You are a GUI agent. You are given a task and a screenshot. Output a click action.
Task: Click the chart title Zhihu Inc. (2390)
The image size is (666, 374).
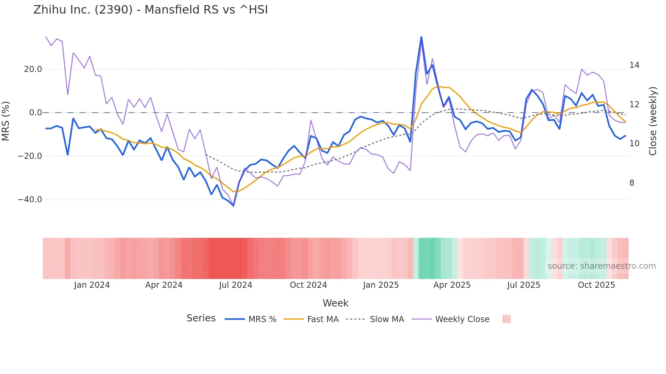[151, 10]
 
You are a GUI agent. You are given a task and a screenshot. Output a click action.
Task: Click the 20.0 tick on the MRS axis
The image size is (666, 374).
[33, 69]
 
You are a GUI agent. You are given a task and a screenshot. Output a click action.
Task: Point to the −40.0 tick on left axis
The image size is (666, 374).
[30, 200]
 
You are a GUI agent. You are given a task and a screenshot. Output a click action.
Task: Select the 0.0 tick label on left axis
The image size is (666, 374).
[36, 113]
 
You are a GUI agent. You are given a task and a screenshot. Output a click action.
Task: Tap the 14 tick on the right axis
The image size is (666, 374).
[634, 65]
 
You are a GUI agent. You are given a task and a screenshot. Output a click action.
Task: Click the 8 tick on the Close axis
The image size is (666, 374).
[632, 183]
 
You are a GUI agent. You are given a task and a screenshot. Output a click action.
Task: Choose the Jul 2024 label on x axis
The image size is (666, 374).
[235, 285]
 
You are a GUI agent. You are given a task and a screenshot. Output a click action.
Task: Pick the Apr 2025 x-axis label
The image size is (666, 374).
[452, 285]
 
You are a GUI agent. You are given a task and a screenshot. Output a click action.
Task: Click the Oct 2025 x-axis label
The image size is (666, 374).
[596, 285]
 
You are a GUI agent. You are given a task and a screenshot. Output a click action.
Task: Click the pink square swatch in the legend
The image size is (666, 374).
[506, 319]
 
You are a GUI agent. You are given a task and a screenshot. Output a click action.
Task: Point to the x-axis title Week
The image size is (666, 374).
[335, 303]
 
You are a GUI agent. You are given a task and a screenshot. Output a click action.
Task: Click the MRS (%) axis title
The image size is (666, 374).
[6, 121]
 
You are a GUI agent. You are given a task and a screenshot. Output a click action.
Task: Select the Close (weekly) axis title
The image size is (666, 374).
[652, 121]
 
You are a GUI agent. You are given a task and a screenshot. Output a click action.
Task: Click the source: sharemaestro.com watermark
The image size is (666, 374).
[601, 266]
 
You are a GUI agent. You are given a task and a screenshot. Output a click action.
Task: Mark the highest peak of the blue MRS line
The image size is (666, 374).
[421, 37]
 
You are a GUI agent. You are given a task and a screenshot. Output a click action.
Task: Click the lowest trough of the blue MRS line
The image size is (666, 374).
[233, 206]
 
